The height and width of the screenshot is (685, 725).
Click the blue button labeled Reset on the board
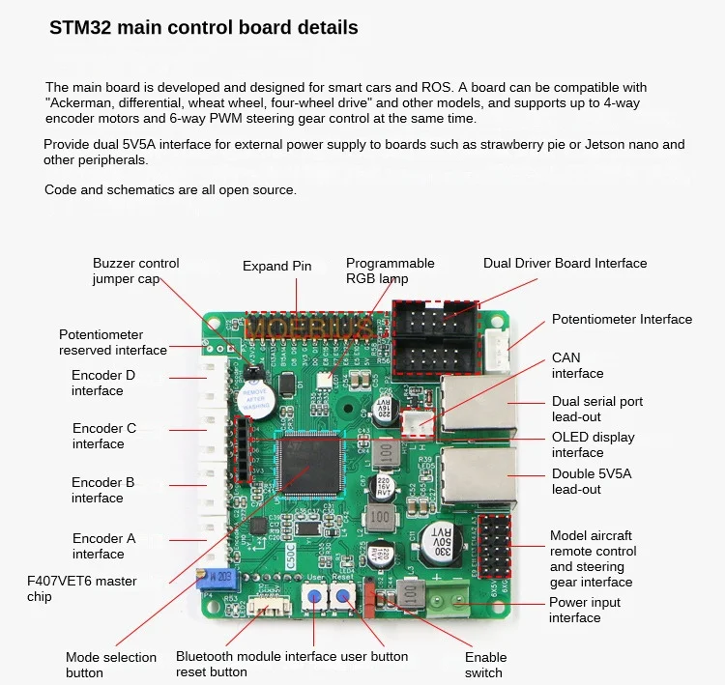click(343, 597)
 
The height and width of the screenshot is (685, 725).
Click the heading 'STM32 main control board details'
click(204, 27)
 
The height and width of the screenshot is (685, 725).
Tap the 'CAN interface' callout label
click(577, 365)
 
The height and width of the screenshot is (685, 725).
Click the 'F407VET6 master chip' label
click(81, 588)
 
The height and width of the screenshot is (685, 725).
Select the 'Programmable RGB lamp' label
click(391, 271)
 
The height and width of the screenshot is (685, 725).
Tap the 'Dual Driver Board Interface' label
click(565, 263)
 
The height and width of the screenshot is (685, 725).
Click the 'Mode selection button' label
click(111, 665)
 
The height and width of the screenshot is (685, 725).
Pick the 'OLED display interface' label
click(593, 444)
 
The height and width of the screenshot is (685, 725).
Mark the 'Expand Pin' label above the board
click(277, 266)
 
